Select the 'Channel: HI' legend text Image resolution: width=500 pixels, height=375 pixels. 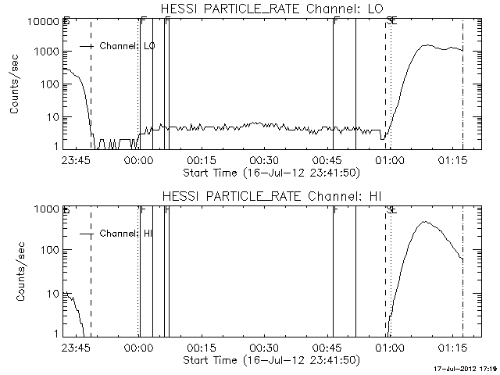pyautogui.click(x=131, y=234)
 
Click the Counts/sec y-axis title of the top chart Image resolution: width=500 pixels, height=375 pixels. pyautogui.click(x=15, y=86)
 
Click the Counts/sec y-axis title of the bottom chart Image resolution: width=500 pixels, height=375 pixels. pyautogui.click(x=15, y=273)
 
